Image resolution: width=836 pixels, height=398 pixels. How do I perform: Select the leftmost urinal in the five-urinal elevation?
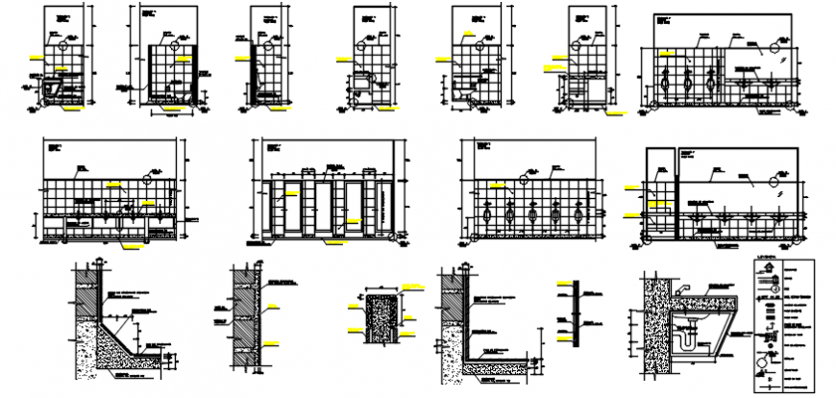490,214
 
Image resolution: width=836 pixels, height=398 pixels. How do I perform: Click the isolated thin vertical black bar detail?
575,313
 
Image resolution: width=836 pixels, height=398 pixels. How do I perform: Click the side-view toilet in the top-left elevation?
53,89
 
